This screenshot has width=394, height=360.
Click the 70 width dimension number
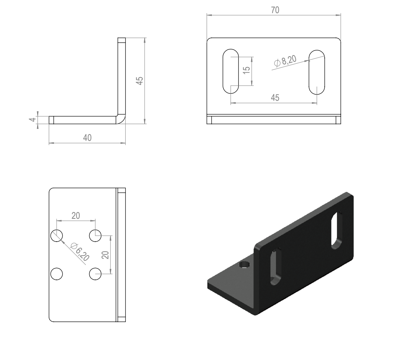point(275,10)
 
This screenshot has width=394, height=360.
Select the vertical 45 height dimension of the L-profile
point(139,81)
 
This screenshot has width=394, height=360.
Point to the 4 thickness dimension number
point(33,120)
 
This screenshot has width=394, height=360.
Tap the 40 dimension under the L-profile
point(87,138)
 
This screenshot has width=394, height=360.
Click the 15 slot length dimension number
point(247,70)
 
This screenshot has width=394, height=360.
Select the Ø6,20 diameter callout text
point(80,251)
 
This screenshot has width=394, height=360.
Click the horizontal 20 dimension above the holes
point(76,216)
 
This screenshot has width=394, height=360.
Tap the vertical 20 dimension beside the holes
point(106,255)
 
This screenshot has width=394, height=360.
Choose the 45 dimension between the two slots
point(275,98)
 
